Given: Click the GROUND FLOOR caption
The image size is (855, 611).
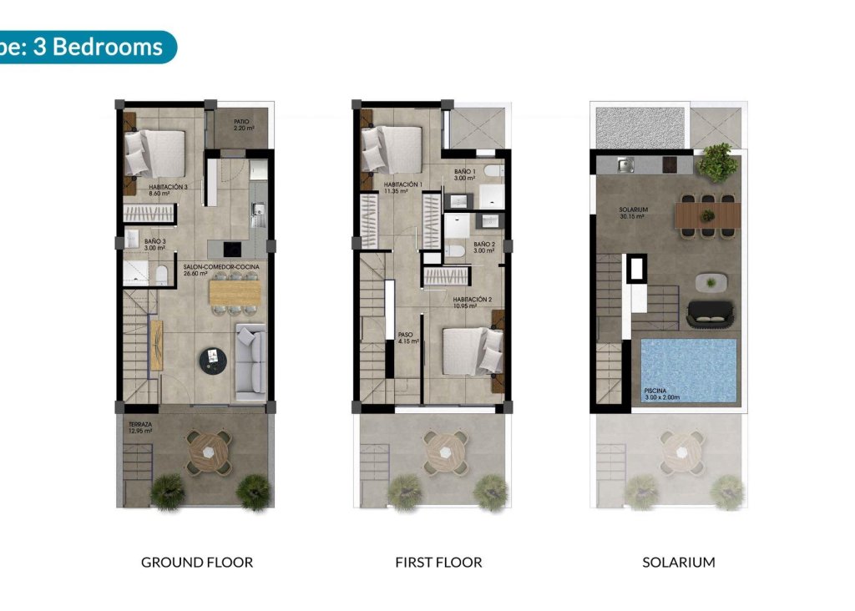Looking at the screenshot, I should pos(197,562).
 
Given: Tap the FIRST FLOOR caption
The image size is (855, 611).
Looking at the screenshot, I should pos(438,562).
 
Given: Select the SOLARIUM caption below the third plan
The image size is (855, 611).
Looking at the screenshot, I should pos(678,562).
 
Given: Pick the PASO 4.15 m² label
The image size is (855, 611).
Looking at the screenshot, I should pos(407,337).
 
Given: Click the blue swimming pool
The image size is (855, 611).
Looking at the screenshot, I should pos(689,367).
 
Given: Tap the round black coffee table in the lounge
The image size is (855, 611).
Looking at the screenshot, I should pos(213,360).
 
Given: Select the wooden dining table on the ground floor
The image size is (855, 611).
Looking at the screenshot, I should pos(235,291).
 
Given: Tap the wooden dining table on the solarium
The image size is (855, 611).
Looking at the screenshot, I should pos(708,215).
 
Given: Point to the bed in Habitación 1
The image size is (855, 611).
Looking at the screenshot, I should pos(392,149).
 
